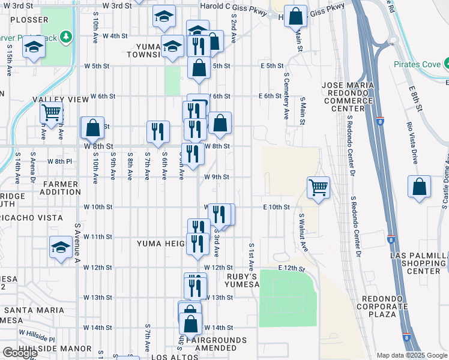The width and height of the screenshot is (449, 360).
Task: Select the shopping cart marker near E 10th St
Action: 318,187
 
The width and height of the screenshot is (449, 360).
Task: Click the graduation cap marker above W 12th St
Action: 61,247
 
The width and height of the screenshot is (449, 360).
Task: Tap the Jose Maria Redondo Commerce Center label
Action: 351,97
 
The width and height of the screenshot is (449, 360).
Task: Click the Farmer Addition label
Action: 60,188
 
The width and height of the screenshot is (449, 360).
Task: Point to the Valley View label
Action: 57,99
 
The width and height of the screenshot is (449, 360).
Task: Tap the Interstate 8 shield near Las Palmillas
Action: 390,238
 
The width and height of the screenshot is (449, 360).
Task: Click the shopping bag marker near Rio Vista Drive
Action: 419,187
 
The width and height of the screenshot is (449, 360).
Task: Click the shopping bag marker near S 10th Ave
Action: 92,127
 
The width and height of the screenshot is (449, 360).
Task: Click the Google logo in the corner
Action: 20,353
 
